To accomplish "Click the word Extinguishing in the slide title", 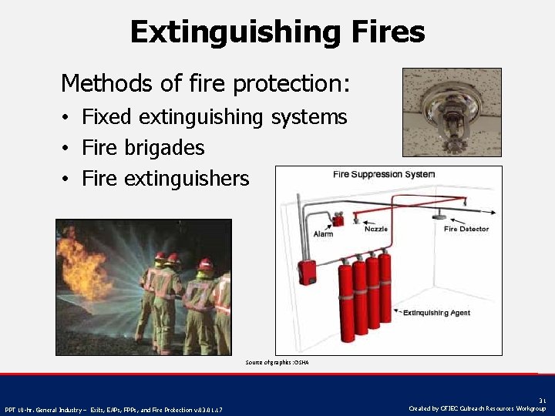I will coord(232,32).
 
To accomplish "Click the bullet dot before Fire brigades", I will coord(68,148).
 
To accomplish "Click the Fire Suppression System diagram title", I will coord(383,174).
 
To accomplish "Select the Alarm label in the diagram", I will coord(323,233).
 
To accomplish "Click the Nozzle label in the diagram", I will coord(375,229).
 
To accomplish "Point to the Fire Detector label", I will coord(466,229).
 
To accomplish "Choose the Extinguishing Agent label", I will coord(436,313).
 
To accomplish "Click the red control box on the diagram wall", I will coord(307,270).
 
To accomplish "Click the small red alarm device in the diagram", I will coord(338,220).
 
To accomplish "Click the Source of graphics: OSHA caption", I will coord(277,362).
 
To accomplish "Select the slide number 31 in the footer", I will coord(542,401).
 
